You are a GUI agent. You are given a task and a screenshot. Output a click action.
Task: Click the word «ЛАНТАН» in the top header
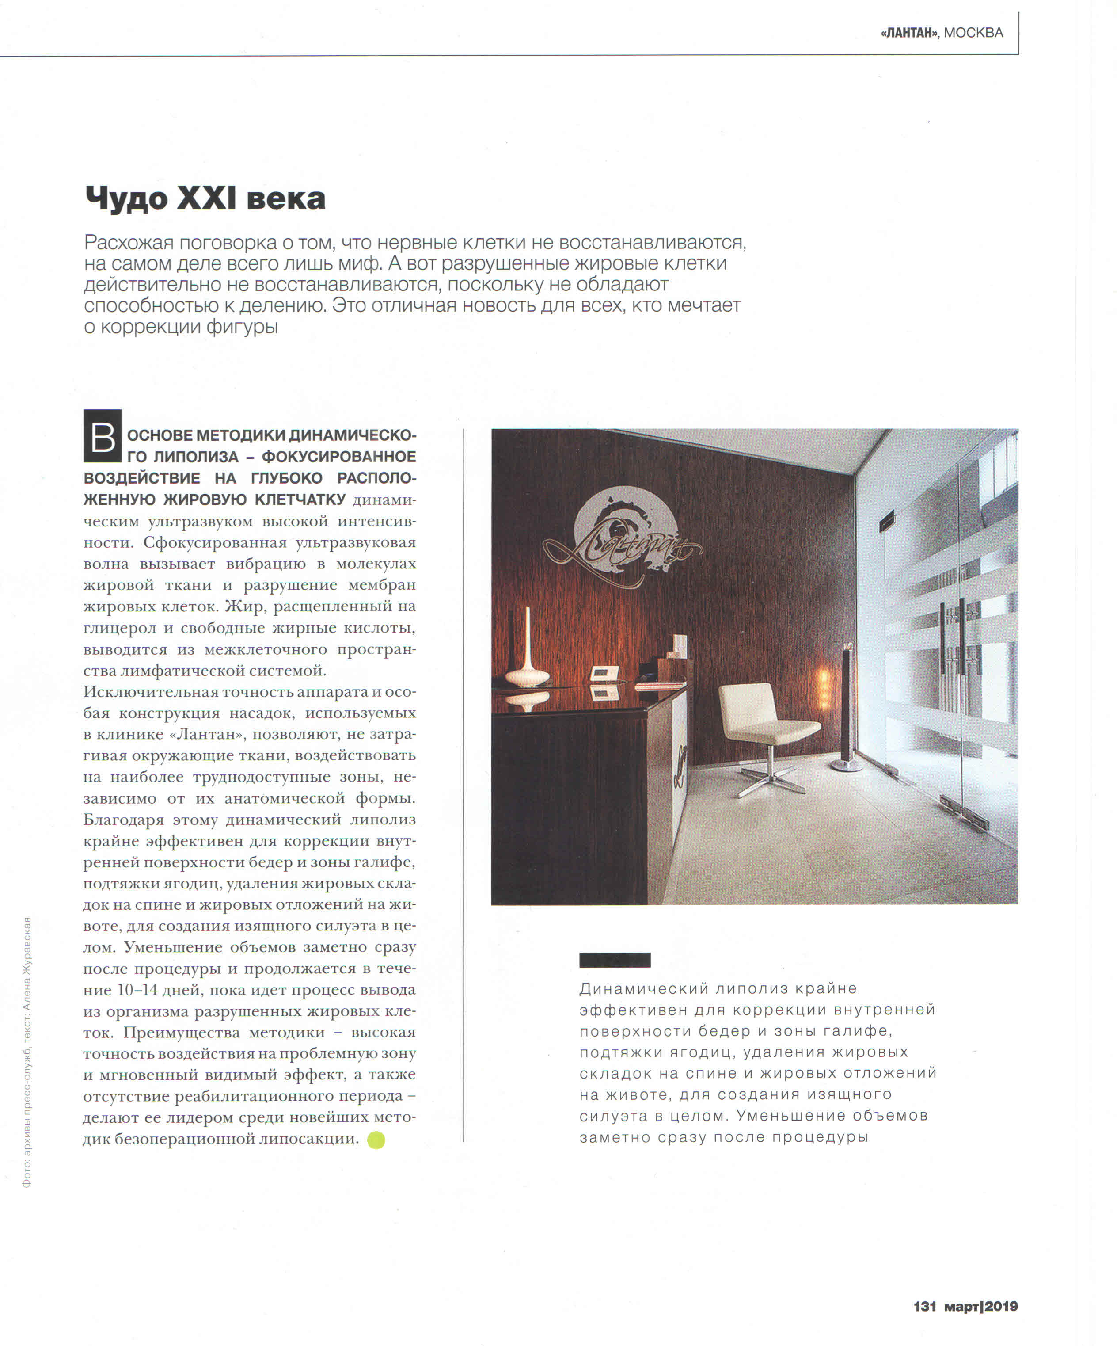coord(909,33)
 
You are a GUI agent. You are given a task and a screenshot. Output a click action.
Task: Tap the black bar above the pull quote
coord(615,960)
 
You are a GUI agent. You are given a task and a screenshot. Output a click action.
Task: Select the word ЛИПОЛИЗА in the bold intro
coord(187,457)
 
